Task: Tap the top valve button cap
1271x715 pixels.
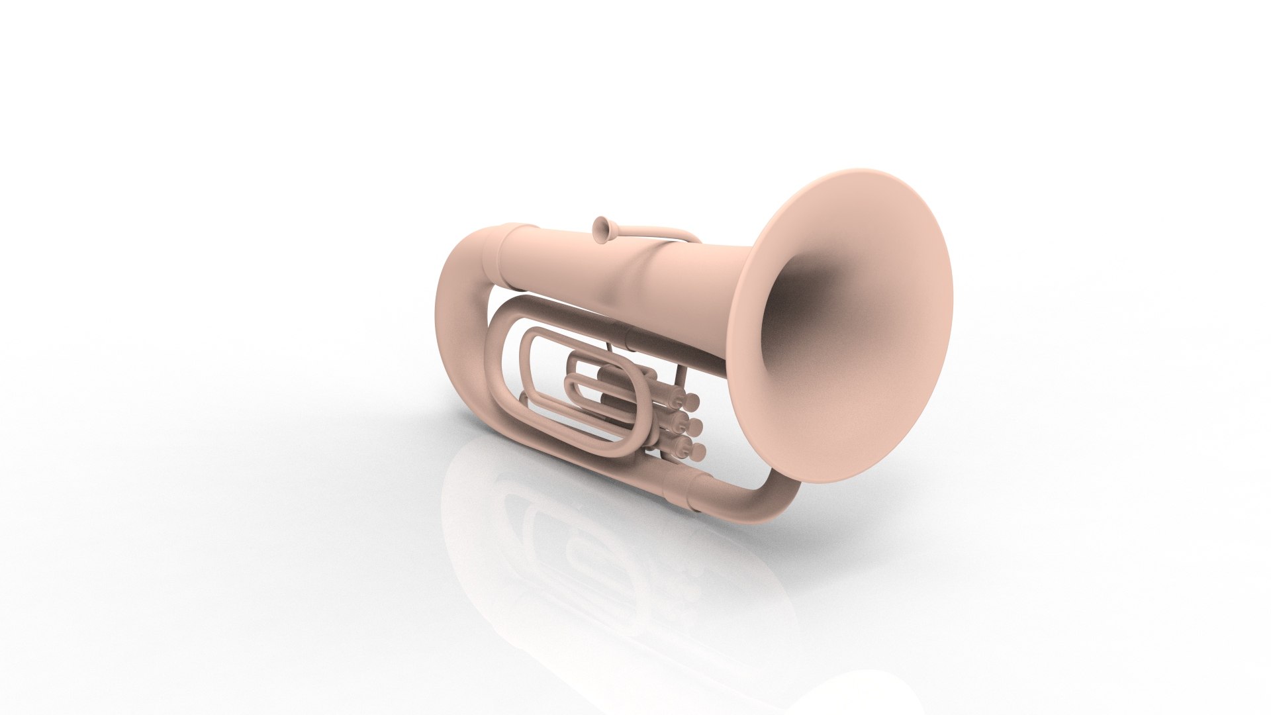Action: coord(692,401)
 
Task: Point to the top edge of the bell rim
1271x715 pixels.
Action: coord(861,171)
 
